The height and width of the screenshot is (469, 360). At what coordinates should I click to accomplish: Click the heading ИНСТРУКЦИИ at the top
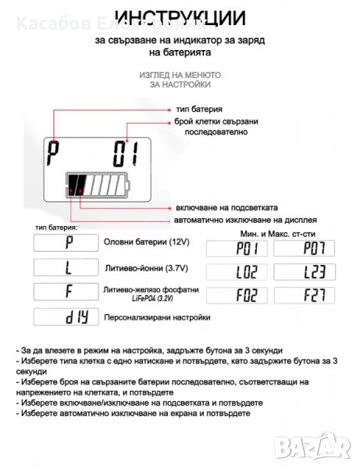click(x=180, y=18)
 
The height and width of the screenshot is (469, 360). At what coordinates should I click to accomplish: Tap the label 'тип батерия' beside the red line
click(x=199, y=109)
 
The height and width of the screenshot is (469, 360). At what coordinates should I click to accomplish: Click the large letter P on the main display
click(x=53, y=153)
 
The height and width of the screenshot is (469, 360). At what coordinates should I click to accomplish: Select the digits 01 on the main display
click(x=126, y=154)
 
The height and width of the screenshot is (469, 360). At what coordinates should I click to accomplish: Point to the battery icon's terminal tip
click(x=128, y=186)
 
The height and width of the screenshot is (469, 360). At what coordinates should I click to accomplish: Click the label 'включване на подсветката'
click(x=226, y=208)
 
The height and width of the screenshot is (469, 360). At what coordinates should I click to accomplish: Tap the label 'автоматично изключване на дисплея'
click(x=245, y=220)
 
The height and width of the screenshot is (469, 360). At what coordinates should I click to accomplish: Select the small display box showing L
click(x=66, y=267)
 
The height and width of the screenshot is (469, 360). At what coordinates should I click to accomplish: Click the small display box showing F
click(x=66, y=292)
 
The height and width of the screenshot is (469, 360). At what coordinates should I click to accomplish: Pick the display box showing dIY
click(x=66, y=317)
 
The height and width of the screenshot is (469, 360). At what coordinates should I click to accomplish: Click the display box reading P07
click(x=304, y=249)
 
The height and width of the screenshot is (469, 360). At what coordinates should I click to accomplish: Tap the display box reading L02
click(x=237, y=272)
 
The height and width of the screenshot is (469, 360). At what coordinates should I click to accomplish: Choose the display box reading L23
click(x=305, y=272)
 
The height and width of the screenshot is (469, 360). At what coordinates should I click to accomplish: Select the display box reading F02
click(x=237, y=295)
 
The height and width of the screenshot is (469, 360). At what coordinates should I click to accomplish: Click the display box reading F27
click(x=305, y=295)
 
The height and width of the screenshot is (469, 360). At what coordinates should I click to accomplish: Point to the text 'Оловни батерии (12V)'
click(x=146, y=242)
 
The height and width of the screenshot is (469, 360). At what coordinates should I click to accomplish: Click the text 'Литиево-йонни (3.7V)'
click(x=146, y=268)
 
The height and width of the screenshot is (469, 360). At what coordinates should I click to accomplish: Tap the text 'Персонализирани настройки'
click(x=157, y=317)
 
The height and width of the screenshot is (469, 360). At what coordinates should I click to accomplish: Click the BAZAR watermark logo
click(x=312, y=446)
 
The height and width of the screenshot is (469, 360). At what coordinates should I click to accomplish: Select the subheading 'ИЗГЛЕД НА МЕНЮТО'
click(x=180, y=75)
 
